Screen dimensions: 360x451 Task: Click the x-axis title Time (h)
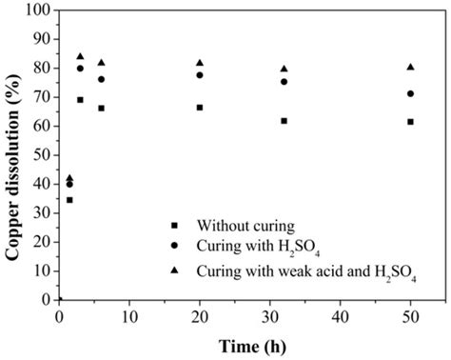pos(251,343)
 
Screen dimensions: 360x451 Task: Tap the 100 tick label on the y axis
pos(38,11)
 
